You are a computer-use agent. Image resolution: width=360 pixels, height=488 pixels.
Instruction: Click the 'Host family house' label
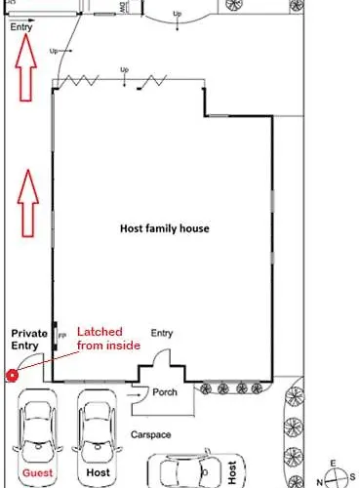click(x=165, y=228)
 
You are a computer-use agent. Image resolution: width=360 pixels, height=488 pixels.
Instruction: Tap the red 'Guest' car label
click(x=38, y=471)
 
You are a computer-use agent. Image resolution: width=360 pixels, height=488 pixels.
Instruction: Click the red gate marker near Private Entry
click(x=12, y=375)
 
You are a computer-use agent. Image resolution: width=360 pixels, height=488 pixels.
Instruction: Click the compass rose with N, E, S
click(x=333, y=475)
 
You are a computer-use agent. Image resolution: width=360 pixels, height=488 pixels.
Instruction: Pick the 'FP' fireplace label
click(x=63, y=337)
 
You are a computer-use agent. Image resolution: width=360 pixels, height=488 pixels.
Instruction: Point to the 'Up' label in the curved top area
click(x=178, y=14)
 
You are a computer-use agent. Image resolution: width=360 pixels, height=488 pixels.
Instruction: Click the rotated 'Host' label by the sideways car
click(x=232, y=470)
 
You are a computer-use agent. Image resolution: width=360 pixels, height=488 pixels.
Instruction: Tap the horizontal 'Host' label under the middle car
click(x=98, y=471)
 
